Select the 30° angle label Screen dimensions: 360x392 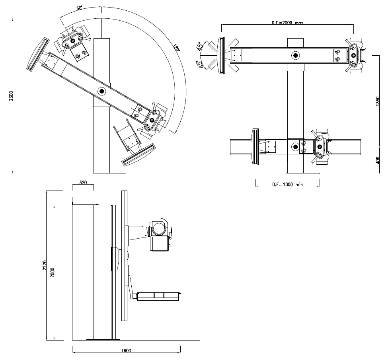coord(79,8)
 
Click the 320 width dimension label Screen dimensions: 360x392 coord(83,183)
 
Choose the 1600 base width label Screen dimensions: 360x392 coord(127,350)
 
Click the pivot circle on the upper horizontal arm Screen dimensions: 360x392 coord(295,55)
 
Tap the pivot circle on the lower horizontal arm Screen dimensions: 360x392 coord(295,147)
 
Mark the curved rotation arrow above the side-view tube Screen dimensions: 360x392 coord(164,220)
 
